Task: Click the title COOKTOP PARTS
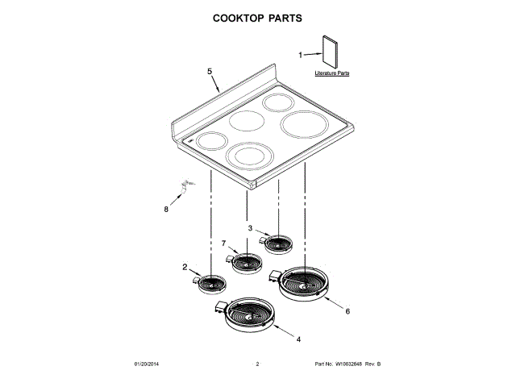point(257,17)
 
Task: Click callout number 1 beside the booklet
point(302,56)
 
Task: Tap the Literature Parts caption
point(332,73)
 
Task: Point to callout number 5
point(210,72)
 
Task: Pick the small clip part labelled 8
point(184,188)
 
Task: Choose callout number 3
point(250,228)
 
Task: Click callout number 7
point(223,243)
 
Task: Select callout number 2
point(185,267)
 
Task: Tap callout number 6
point(347,311)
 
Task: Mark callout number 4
point(298,339)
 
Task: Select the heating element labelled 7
point(246,263)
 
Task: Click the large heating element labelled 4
point(249,315)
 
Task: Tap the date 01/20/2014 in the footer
point(148,365)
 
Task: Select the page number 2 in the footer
point(257,365)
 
